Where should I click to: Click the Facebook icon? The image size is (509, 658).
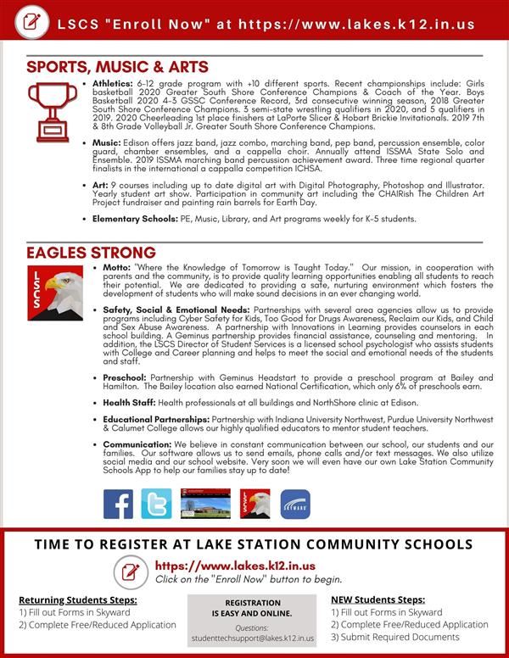click(x=119, y=504)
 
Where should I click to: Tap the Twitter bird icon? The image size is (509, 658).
click(x=156, y=504)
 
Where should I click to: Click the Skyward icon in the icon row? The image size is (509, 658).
click(x=295, y=504)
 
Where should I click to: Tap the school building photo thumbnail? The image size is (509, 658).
click(x=204, y=504)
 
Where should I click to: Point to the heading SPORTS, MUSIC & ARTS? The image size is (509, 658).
click(x=117, y=66)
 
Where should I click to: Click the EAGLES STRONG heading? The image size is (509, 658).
click(x=91, y=253)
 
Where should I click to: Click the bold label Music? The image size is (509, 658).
click(x=106, y=143)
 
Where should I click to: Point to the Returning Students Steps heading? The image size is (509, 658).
click(x=77, y=599)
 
